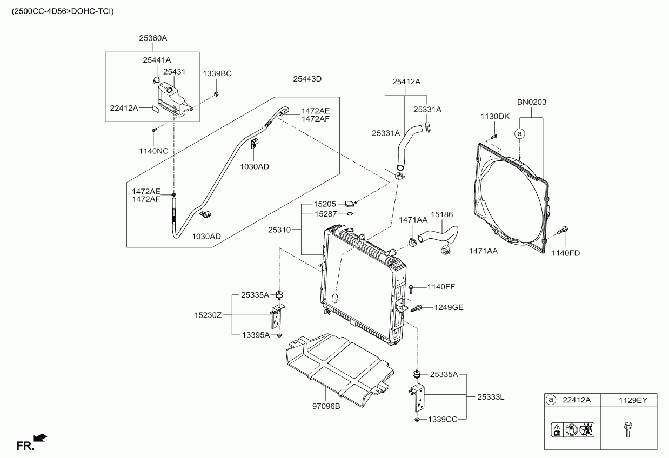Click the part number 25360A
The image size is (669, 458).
(153, 38)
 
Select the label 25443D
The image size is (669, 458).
(307, 79)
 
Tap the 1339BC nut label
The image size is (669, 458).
(217, 74)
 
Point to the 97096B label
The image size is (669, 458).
(326, 406)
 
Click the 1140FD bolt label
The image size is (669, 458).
(566, 253)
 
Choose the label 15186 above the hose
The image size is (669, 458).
(441, 214)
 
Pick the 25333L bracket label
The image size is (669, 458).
(491, 397)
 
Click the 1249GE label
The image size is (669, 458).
(449, 307)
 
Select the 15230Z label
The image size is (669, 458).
(208, 315)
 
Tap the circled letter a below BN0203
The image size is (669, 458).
(520, 133)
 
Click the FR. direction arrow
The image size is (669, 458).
(40, 438)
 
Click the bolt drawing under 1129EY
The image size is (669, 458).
(628, 429)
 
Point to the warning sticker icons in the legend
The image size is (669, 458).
(572, 430)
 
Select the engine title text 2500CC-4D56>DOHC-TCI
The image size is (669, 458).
(63, 11)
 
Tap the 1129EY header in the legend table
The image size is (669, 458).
(633, 400)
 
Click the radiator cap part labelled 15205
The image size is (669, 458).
(350, 204)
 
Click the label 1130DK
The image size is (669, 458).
(495, 117)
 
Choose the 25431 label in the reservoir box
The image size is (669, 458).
(174, 72)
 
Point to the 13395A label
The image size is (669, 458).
(256, 335)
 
